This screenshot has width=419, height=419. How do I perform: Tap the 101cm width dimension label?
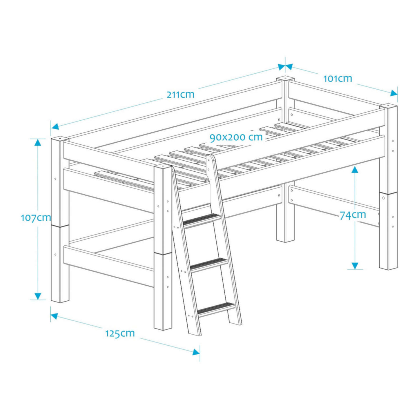click(x=338, y=79)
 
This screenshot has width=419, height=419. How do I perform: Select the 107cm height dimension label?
click(x=35, y=217)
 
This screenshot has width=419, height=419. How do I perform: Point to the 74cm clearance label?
click(x=353, y=215)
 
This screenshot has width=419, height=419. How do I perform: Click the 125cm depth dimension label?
click(x=120, y=333)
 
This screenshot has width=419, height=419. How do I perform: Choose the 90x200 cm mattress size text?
click(x=236, y=137)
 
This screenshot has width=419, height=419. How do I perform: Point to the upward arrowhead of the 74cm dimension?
click(x=355, y=169)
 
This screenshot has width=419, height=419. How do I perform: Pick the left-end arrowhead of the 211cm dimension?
click(x=55, y=126)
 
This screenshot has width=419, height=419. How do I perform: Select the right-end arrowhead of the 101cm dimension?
click(x=393, y=93)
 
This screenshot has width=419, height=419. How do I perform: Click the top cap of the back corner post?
click(x=285, y=79)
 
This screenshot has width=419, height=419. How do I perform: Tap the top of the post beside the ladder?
click(x=163, y=166)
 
